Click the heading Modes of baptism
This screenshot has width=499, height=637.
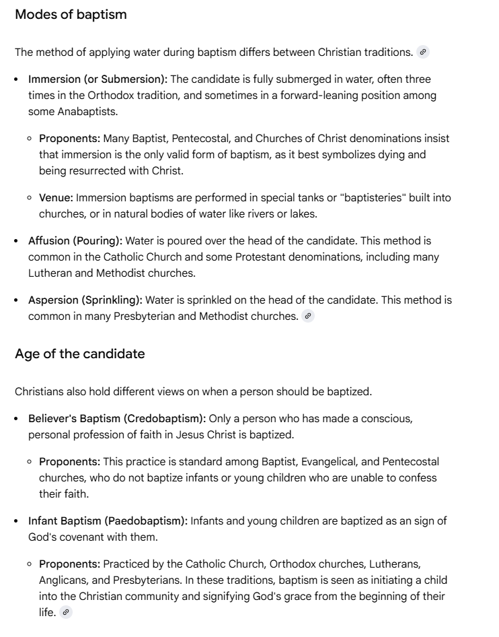[x=71, y=14]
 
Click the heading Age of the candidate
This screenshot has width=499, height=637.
[x=79, y=354]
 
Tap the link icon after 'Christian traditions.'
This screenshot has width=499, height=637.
[x=423, y=52]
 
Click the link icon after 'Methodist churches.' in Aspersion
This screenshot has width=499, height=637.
[x=308, y=316]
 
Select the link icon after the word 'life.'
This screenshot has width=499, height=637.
[x=65, y=612]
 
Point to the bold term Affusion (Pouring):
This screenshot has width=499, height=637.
[x=75, y=240]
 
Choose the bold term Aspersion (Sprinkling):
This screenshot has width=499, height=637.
[x=85, y=300]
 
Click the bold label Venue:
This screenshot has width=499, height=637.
[x=56, y=197]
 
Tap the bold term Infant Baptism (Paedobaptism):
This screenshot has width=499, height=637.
[x=108, y=521]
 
